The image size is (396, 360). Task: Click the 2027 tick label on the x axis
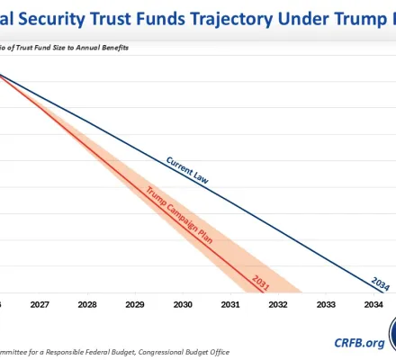point(40,305)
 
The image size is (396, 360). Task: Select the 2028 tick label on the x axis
point(87,305)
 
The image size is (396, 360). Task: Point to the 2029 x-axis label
point(135,305)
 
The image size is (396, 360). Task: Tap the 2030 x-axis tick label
point(183,305)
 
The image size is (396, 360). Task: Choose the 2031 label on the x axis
point(230,305)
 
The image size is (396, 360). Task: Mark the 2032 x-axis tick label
point(278,305)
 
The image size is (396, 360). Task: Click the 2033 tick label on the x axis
point(326,305)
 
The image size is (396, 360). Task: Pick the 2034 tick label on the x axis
point(373,305)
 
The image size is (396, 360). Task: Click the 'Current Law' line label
point(188,170)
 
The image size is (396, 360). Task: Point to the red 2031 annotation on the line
point(262,279)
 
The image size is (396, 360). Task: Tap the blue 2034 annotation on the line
point(381,282)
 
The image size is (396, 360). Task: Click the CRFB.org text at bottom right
point(358,343)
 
